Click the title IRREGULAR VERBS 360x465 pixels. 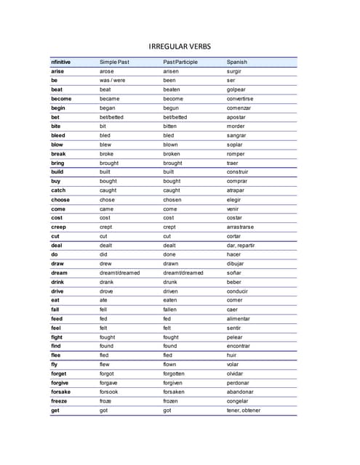click(180, 46)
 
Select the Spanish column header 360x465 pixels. click(236, 62)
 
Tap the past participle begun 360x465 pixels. click(172, 108)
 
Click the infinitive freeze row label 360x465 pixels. click(59, 401)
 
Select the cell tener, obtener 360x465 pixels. click(243, 411)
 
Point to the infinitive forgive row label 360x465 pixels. click(60, 383)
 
